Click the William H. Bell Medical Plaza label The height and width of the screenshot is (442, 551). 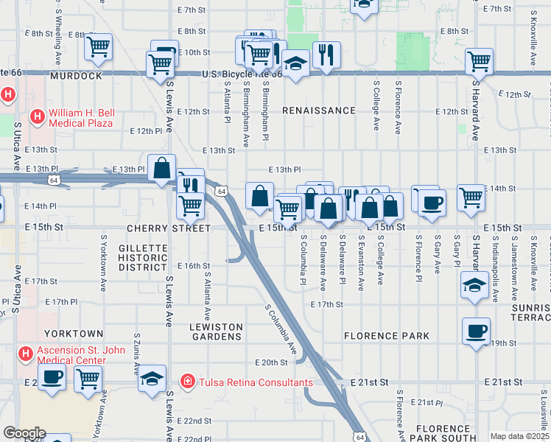tap(81, 118)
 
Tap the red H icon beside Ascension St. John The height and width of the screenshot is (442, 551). tap(25, 354)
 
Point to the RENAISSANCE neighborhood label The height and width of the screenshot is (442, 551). tap(319, 110)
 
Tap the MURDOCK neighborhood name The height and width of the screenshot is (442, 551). tap(75, 76)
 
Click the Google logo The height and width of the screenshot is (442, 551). tap(24, 433)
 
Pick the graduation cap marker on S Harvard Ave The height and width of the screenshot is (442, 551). tap(474, 285)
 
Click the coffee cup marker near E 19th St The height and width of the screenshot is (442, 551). tap(476, 330)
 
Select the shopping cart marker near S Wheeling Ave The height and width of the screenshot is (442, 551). tap(98, 47)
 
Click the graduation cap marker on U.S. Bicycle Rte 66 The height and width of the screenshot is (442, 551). tap(295, 65)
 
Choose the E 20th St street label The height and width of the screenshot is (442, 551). tap(270, 362)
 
